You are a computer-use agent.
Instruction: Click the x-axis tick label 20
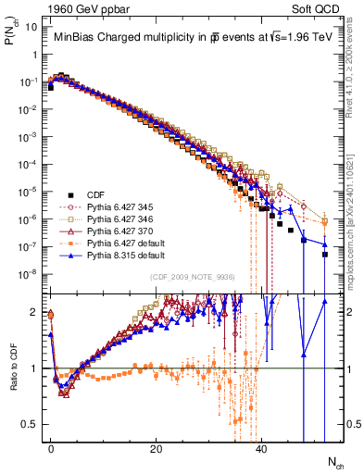[x=157, y=448]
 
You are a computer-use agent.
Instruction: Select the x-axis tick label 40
[x=261, y=448]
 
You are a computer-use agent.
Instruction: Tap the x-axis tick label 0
[x=51, y=448]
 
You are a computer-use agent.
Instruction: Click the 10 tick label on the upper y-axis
[x=30, y=27]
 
